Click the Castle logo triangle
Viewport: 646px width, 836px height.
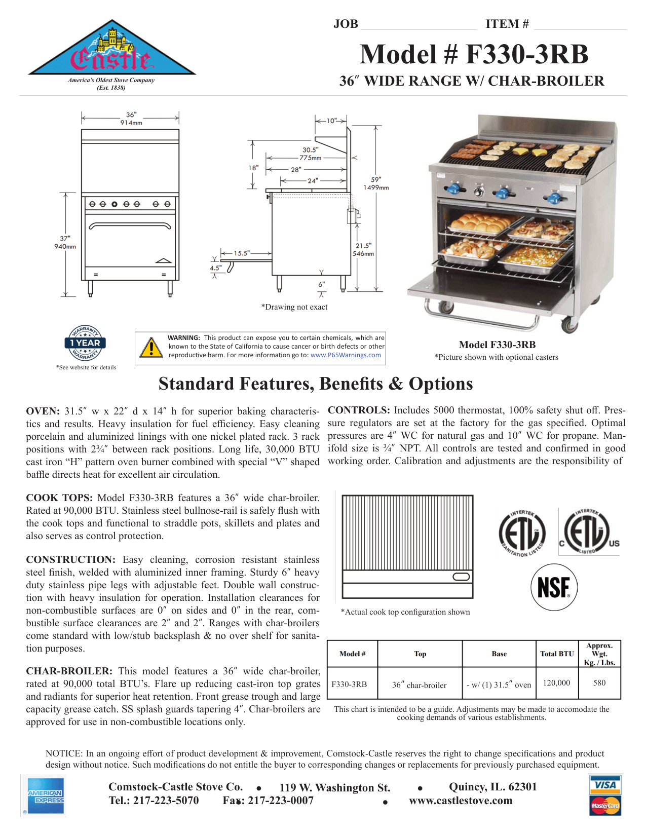pos(111,51)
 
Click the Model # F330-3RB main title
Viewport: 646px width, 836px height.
pos(474,54)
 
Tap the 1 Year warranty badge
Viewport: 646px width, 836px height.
pos(85,343)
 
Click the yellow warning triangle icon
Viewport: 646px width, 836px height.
pos(151,348)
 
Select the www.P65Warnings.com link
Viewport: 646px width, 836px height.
pos(346,355)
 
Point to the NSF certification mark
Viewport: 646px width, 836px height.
pos(553,588)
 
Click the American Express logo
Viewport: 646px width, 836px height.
pos(45,796)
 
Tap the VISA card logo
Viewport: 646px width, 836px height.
pos(605,785)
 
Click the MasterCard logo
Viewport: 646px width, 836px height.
pos(605,805)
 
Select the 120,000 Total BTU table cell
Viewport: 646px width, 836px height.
pos(556,683)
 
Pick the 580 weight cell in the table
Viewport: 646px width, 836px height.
pos(599,683)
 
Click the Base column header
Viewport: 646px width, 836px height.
pos(499,654)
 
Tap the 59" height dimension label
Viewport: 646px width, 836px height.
pos(376,183)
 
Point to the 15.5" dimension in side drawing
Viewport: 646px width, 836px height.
pos(242,253)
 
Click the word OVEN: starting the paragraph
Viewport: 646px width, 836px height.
pos(43,411)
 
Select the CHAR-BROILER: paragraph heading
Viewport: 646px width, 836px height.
pos(69,671)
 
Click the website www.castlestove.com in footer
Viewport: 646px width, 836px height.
pos(461,801)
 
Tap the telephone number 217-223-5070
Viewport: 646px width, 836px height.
pos(166,801)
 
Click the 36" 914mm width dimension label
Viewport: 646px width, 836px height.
pos(131,119)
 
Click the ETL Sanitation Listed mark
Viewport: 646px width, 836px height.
pos(522,533)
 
